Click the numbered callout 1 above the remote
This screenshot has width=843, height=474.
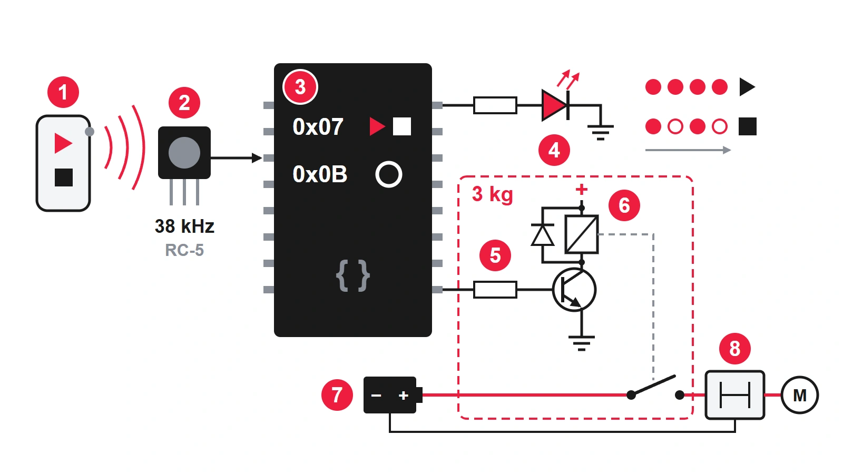click(x=63, y=92)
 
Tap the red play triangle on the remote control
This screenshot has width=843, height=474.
click(x=63, y=143)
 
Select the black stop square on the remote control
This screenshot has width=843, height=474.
click(x=64, y=177)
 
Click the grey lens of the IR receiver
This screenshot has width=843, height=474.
click(x=184, y=153)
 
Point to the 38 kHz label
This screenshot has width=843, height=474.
click(x=184, y=226)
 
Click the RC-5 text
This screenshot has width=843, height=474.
click(x=184, y=250)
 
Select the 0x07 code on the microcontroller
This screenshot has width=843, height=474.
click(x=318, y=127)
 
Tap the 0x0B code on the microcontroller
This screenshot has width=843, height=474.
click(x=320, y=174)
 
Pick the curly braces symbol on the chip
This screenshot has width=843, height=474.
click(x=352, y=275)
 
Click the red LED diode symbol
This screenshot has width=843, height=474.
click(x=555, y=105)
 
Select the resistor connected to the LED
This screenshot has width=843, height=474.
click(x=495, y=105)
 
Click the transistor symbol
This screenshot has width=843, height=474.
click(x=574, y=290)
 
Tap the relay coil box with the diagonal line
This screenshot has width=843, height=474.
click(x=582, y=234)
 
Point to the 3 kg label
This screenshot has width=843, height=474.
click(x=493, y=194)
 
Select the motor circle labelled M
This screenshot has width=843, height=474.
click(x=800, y=395)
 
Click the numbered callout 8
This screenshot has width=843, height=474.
click(x=734, y=348)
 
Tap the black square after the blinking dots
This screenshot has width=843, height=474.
click(x=748, y=126)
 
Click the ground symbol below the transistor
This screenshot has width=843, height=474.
click(x=582, y=342)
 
